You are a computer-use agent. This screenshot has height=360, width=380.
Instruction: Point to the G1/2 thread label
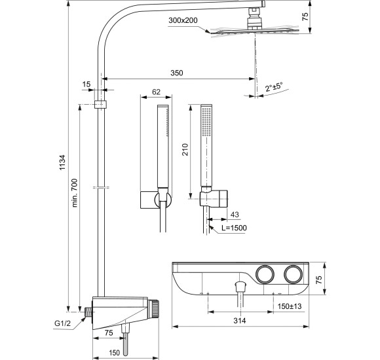63,322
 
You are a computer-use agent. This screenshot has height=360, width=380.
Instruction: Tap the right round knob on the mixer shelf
295,275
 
